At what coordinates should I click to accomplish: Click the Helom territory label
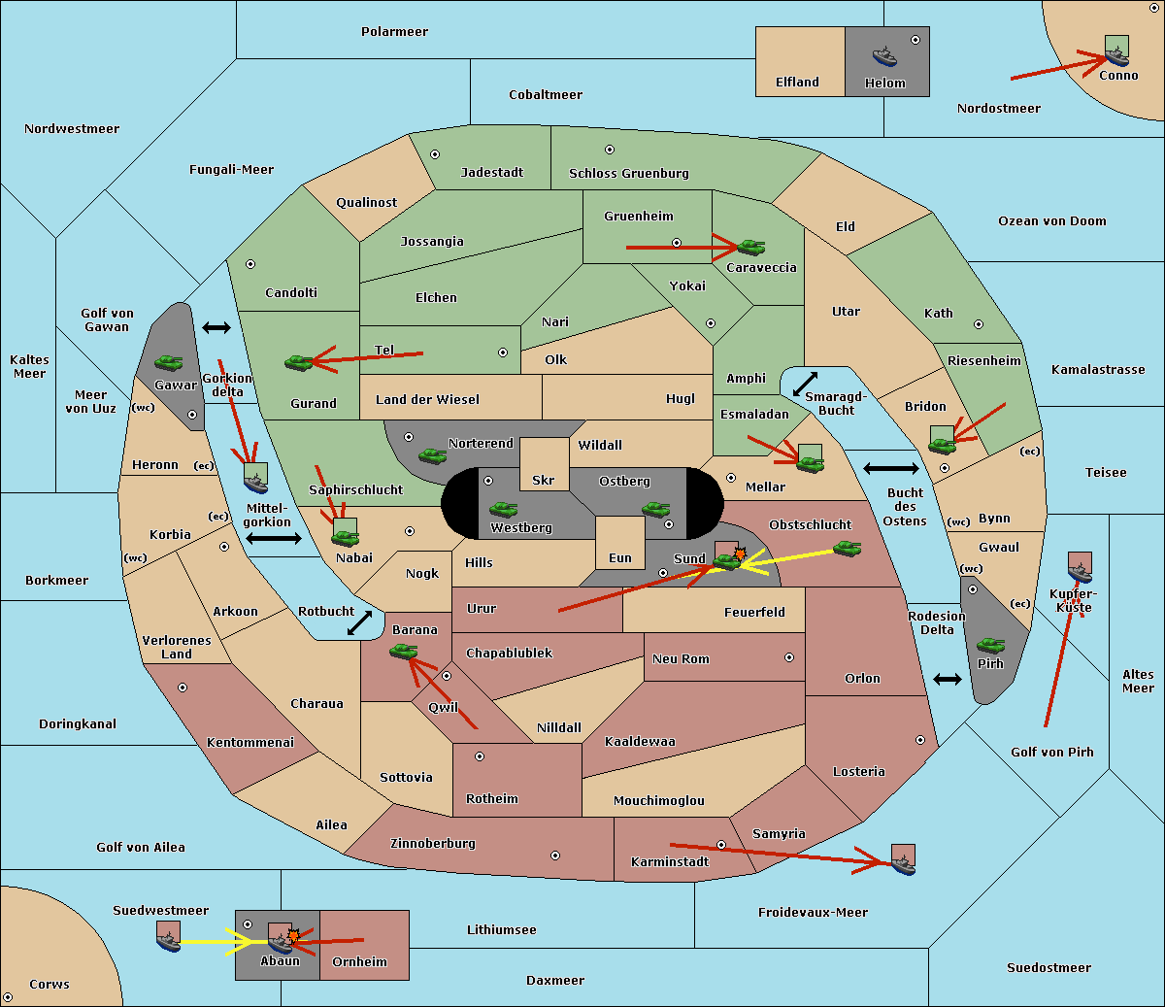click(884, 83)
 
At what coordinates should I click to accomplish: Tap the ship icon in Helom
click(884, 57)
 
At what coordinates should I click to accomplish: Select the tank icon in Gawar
click(169, 362)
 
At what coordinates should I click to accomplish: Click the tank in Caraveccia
click(751, 247)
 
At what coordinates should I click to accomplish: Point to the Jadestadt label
click(492, 173)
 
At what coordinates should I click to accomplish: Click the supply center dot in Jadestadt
click(435, 154)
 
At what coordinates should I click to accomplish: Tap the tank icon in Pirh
click(990, 645)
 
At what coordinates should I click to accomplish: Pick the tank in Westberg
click(503, 509)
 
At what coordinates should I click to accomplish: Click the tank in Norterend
click(432, 455)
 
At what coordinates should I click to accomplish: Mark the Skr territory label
click(544, 480)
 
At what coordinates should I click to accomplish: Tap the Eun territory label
click(620, 557)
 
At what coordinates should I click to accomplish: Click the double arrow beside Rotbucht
click(359, 622)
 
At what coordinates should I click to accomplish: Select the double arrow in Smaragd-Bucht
click(805, 384)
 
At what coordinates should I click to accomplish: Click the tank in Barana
click(403, 652)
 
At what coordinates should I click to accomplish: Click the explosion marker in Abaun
click(293, 936)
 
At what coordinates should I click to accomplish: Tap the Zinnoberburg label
click(433, 844)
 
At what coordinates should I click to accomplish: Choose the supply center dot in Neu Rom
click(789, 657)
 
